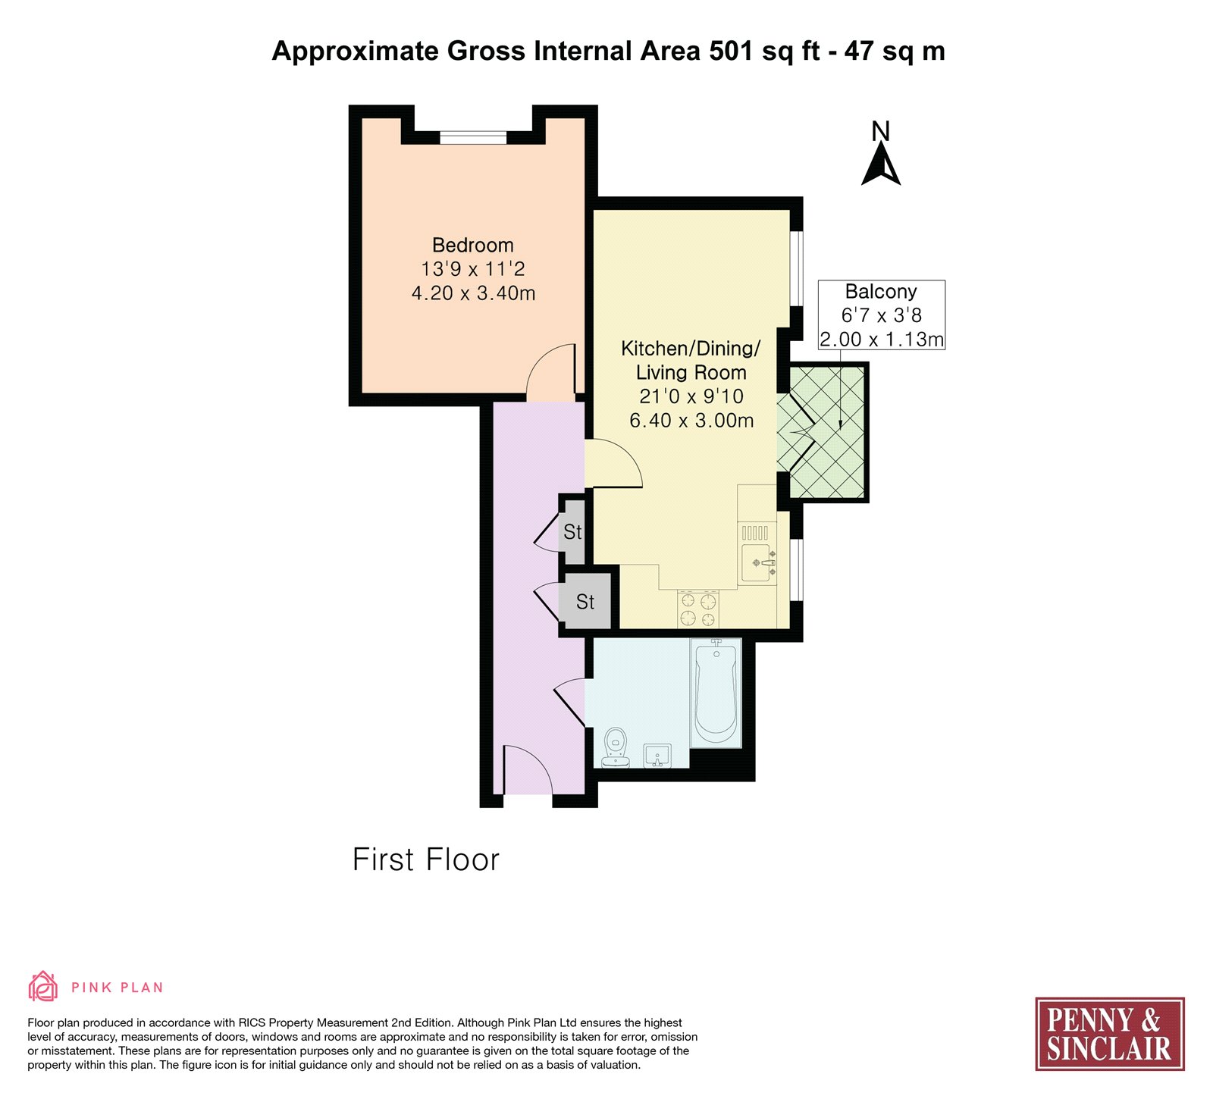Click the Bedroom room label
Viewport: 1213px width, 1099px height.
pyautogui.click(x=473, y=246)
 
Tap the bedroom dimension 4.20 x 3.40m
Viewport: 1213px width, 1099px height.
pyautogui.click(x=473, y=293)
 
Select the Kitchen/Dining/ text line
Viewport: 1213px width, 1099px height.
pyautogui.click(x=691, y=349)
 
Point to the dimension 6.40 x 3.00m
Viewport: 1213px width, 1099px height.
pyautogui.click(x=691, y=421)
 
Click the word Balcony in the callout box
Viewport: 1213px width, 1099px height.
pyautogui.click(x=881, y=292)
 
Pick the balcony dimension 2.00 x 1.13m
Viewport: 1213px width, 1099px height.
pyautogui.click(x=882, y=340)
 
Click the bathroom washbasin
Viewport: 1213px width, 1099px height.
pyautogui.click(x=657, y=756)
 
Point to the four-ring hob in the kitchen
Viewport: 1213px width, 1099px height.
pyautogui.click(x=698, y=609)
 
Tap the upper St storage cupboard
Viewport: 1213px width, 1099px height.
pyautogui.click(x=573, y=532)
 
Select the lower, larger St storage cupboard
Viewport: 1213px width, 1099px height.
pyautogui.click(x=585, y=602)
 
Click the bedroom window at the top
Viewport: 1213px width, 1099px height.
pyautogui.click(x=473, y=138)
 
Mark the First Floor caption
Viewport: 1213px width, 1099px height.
pyautogui.click(x=426, y=860)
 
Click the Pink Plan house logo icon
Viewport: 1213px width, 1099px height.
pyautogui.click(x=43, y=987)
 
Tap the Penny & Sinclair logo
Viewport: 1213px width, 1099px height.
pyautogui.click(x=1110, y=1034)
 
